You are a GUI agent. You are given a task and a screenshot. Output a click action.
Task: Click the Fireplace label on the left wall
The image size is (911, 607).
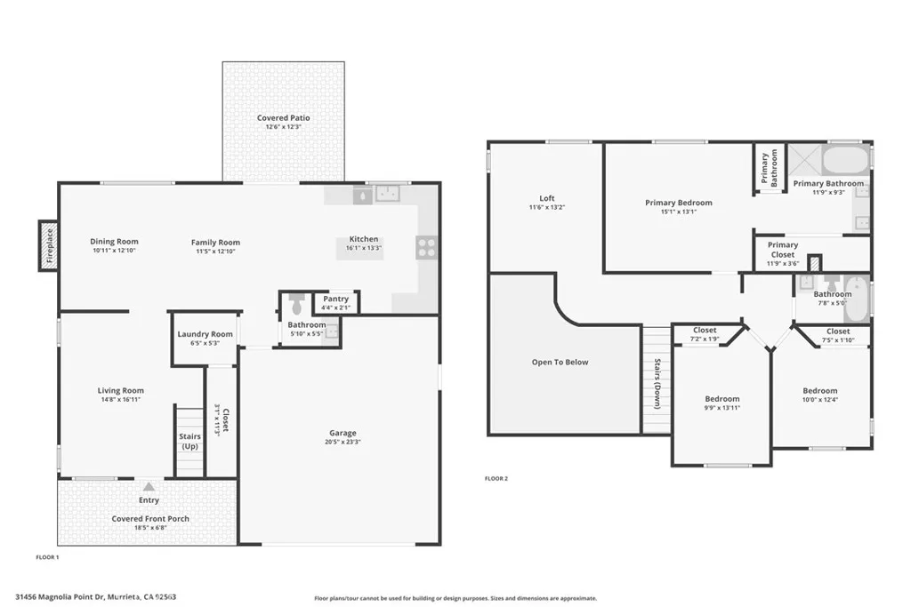coord(49,245)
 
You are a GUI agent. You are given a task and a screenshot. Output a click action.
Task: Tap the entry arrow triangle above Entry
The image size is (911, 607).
coord(149,487)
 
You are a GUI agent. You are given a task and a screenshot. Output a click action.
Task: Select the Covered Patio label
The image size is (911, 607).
coord(283,118)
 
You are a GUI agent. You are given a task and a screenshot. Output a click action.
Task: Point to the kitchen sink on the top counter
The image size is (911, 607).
coord(388,193)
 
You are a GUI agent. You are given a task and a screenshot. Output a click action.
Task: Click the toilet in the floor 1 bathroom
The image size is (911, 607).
coord(297,305)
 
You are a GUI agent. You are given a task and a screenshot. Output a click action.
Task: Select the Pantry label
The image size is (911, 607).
coord(335,300)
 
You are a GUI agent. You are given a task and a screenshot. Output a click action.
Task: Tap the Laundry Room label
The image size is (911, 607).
coord(205,334)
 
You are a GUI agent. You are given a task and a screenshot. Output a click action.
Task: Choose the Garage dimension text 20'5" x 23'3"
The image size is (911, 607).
coord(342,443)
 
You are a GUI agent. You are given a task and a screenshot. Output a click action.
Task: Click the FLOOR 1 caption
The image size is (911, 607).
coord(46,557)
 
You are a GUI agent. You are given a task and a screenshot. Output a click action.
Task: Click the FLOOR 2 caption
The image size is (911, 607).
coord(496,478)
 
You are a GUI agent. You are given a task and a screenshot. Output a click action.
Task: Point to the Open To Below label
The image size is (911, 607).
coord(560,362)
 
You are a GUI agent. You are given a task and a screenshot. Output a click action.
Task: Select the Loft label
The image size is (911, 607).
coord(546,198)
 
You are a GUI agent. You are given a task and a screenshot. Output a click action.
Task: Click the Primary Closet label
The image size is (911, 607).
coord(783,250)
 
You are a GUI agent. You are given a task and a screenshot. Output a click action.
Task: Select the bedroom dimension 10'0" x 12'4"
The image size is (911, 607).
coord(819,399)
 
